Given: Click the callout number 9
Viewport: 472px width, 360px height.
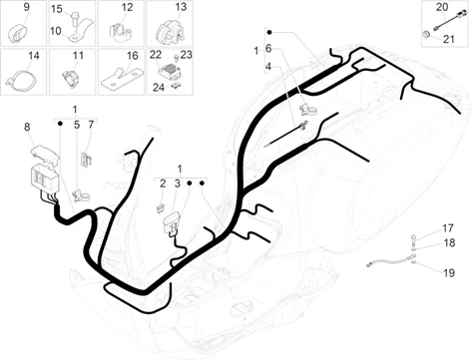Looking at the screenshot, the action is coord(26,7).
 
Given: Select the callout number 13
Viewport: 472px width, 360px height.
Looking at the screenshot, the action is coord(181,7).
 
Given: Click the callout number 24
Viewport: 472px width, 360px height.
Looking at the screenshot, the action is coord(159,88).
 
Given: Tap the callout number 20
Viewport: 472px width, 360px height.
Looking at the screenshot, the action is coord(442,7).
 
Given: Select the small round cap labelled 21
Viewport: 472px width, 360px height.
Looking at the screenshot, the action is coord(426,34).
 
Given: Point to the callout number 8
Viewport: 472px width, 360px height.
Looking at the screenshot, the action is coord(27,127).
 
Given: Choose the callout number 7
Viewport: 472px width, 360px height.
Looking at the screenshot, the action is coord(91,125).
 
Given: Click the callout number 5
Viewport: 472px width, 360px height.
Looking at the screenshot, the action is coord(77,125).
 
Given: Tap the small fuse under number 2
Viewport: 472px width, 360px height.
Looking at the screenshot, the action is coord(161,208).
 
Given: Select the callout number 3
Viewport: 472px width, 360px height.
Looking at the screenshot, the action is coord(178,183).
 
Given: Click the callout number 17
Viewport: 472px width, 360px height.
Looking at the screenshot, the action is coord(448,228).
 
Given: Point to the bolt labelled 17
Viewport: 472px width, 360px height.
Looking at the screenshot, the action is coord(413,240).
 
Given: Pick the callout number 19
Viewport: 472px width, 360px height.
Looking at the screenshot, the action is coord(449,273).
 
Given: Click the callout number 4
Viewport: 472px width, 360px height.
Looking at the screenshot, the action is coord(268,67).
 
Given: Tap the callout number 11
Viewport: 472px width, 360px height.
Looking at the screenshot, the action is coord(78,55).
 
